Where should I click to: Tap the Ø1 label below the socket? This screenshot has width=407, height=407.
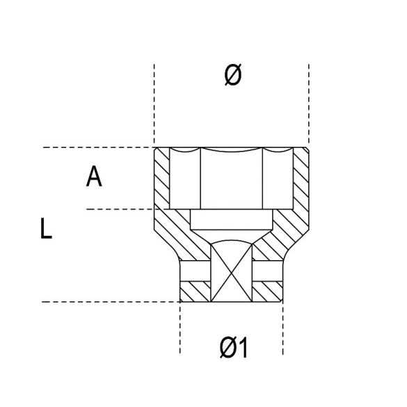[233, 346]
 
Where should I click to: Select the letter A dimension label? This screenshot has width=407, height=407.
[94, 177]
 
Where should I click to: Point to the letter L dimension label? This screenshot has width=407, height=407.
[46, 230]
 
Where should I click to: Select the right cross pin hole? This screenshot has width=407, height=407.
[269, 269]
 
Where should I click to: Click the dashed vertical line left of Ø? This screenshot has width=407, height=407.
[154, 104]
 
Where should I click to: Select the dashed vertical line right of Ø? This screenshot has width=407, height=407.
[309, 104]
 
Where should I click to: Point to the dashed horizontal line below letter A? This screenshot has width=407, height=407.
[118, 209]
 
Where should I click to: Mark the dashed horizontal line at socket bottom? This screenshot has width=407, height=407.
[104, 302]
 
